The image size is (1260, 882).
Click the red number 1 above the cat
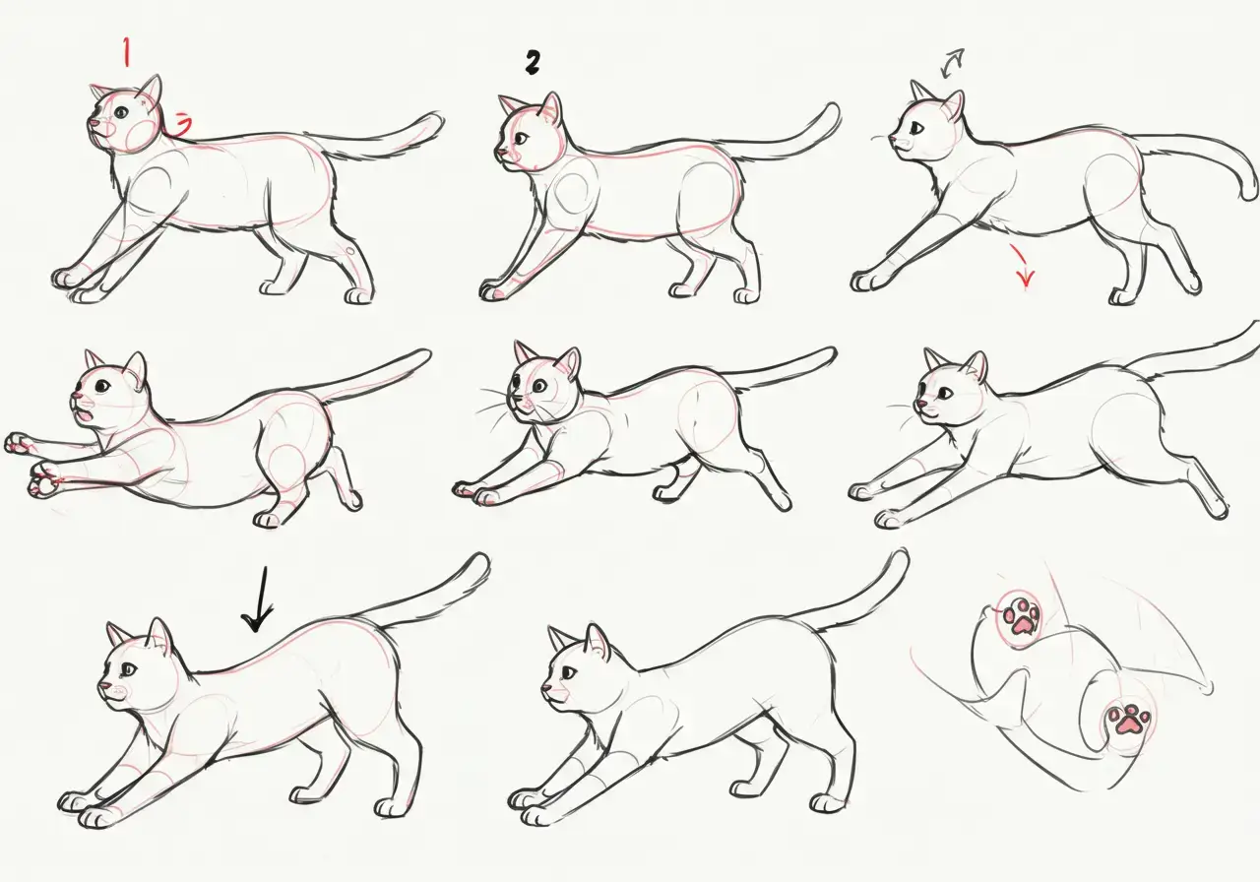point(126,51)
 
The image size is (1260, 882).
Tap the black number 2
point(533,64)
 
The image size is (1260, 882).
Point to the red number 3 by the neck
point(182,123)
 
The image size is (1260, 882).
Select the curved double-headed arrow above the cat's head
point(953,64)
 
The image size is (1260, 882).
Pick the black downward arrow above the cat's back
point(259,603)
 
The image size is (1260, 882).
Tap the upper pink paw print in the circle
point(1021,617)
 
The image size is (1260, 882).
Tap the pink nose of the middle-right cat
point(918,404)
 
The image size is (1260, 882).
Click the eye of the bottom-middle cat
point(570,671)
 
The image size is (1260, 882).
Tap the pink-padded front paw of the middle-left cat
point(41,482)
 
